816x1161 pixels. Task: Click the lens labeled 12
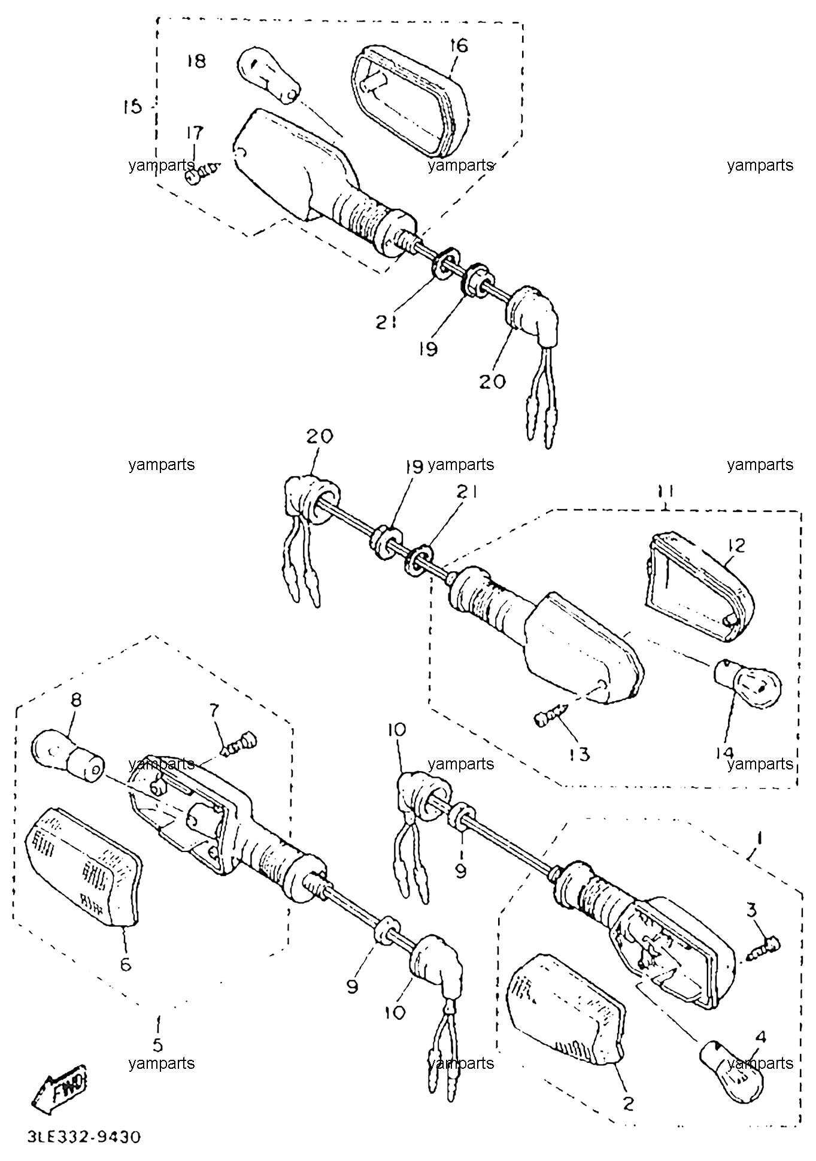(x=699, y=587)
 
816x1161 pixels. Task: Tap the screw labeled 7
(x=239, y=745)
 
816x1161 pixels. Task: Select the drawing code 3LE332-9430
(x=84, y=1136)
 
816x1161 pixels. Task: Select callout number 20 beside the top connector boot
(x=492, y=381)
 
